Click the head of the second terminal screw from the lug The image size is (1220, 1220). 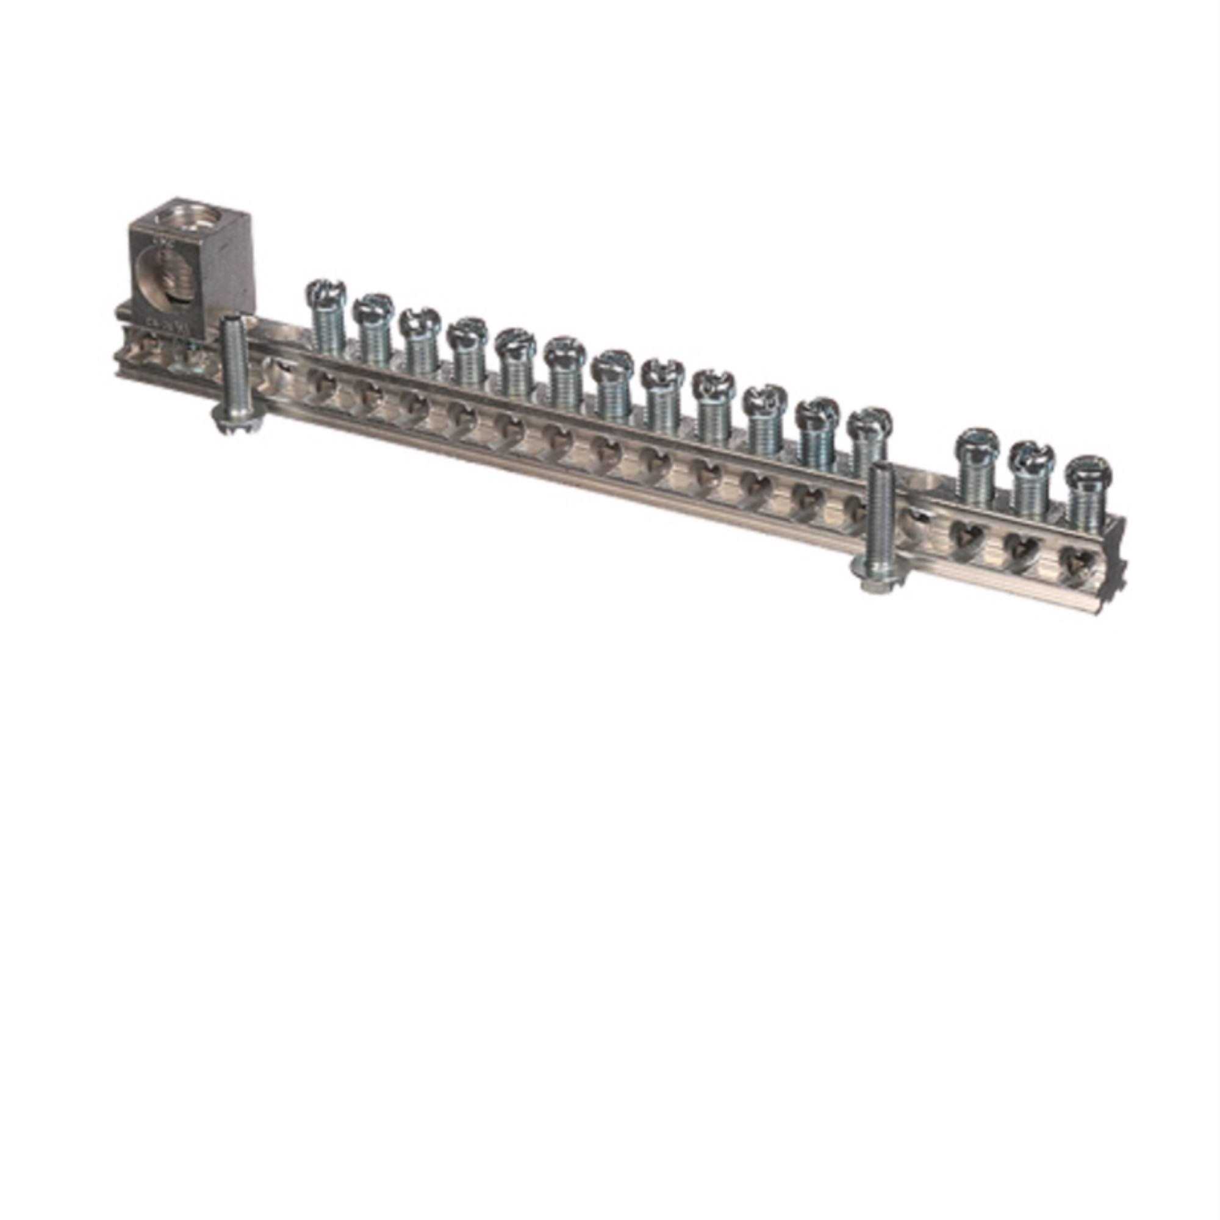[x=373, y=307]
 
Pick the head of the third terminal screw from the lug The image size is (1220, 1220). [x=418, y=321]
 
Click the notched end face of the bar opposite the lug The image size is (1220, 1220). [x=1114, y=556]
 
